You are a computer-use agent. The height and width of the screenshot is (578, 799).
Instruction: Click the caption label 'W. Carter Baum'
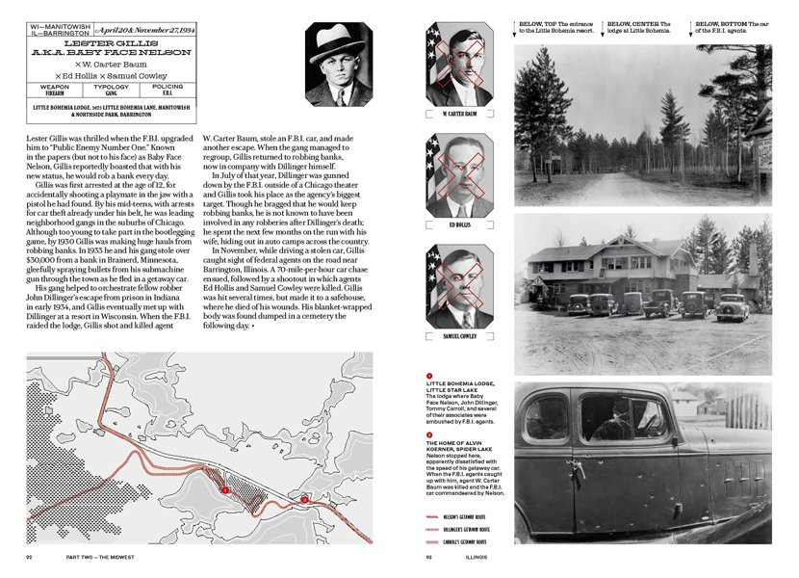(460, 114)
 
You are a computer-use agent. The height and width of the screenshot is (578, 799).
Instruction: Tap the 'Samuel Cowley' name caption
(460, 338)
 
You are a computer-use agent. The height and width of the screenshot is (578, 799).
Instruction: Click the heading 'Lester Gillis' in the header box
(111, 44)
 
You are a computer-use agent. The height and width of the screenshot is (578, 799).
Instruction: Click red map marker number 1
(224, 490)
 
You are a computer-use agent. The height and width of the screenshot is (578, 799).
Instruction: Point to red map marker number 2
(303, 499)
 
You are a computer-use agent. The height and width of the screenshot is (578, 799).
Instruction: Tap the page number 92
(31, 557)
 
